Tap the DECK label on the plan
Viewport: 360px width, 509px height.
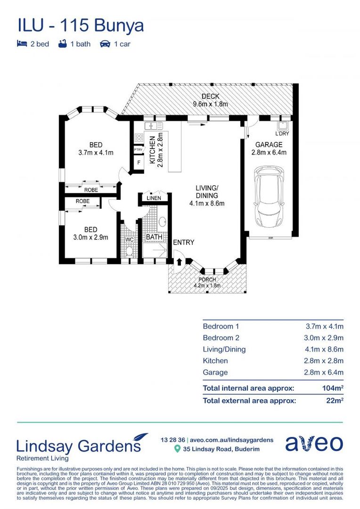click(210, 97)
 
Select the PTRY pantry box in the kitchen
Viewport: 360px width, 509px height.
click(138, 150)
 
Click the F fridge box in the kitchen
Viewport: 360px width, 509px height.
click(138, 163)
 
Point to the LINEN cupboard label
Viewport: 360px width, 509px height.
click(154, 198)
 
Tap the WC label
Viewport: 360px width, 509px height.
click(129, 239)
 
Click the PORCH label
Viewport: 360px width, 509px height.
click(207, 279)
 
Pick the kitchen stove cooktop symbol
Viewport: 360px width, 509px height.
click(139, 138)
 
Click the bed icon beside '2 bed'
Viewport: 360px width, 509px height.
click(22, 44)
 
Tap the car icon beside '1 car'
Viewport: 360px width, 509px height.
click(105, 44)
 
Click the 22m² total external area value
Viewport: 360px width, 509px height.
click(335, 401)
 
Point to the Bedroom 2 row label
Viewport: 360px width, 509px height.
click(221, 338)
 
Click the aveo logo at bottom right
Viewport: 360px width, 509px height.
click(314, 443)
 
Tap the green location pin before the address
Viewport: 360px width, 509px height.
click(177, 449)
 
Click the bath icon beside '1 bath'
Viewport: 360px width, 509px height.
click(62, 44)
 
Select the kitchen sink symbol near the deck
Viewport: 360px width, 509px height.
click(154, 126)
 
